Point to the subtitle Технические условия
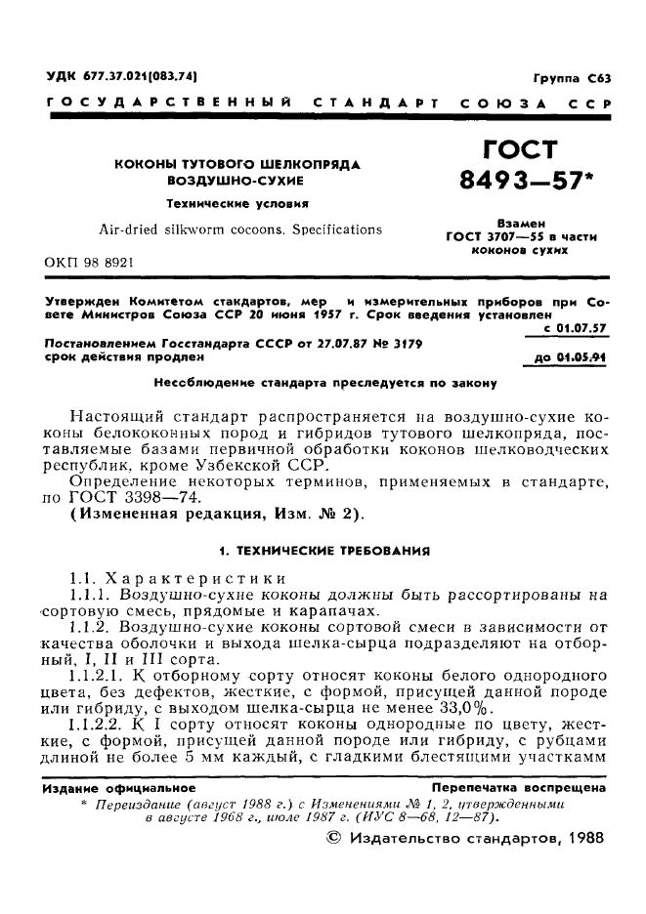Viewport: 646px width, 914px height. coord(237,205)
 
